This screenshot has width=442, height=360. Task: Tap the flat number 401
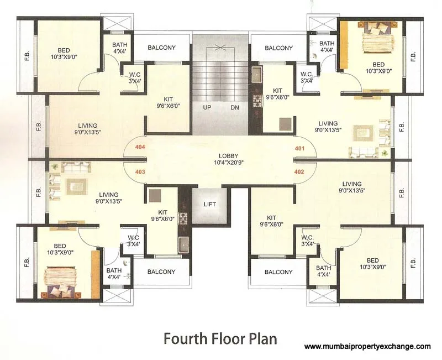(300, 148)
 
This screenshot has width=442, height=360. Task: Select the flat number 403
(139, 172)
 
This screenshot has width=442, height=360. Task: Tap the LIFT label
(209, 204)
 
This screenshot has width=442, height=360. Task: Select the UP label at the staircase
(207, 108)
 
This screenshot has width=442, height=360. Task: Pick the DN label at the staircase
(235, 108)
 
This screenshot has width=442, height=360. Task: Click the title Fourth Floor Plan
(219, 338)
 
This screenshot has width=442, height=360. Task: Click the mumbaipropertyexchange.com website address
(367, 347)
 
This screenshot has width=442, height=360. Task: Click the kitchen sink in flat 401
(257, 74)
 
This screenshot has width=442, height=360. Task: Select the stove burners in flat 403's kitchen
(183, 217)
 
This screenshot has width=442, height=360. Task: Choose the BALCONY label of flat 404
(161, 48)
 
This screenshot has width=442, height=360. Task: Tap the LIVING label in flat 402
(351, 187)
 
